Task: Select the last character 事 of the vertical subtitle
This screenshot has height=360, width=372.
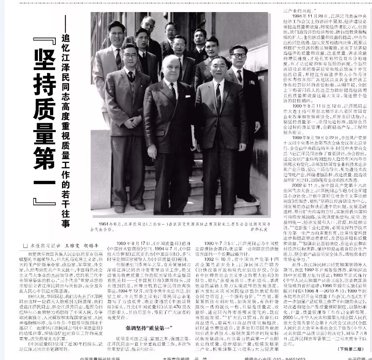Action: click(65, 223)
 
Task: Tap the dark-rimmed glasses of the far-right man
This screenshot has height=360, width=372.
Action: click(238, 55)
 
